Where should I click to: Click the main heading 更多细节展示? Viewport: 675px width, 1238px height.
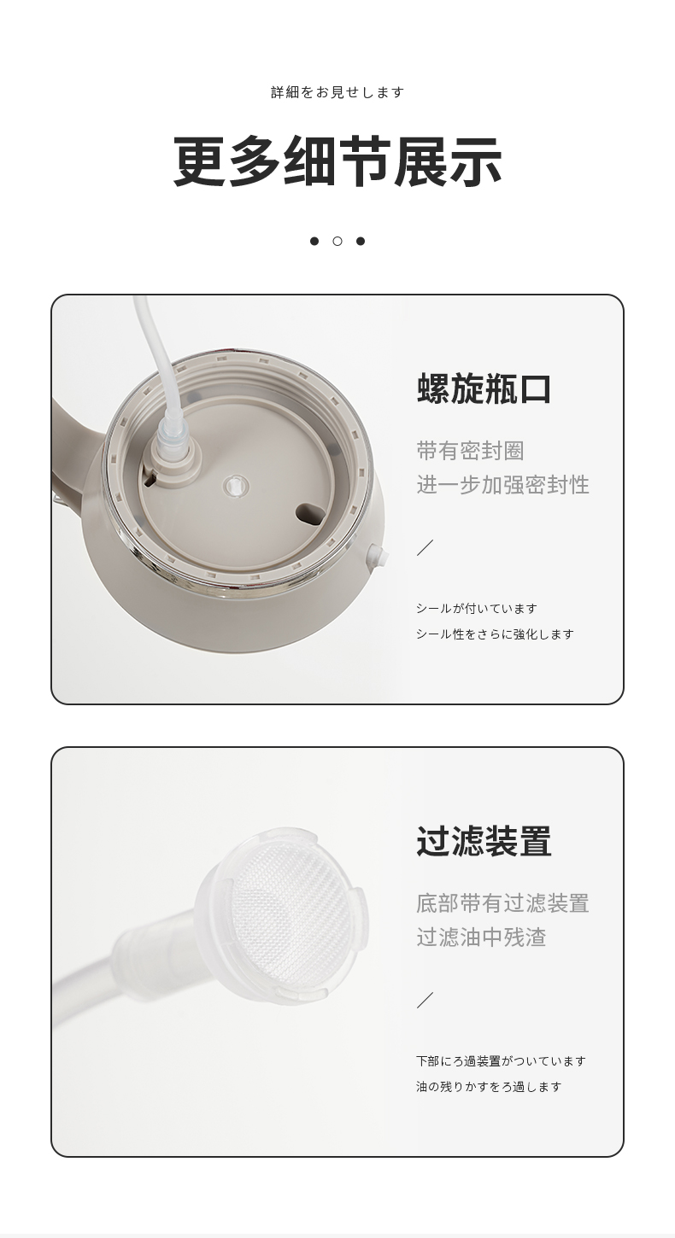point(337,161)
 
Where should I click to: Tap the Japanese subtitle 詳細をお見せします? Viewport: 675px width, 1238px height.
point(337,92)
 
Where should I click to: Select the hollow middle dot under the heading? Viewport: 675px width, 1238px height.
point(337,241)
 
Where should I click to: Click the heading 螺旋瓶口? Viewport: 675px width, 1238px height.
point(484,388)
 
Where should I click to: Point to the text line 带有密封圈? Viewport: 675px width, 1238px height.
point(470,451)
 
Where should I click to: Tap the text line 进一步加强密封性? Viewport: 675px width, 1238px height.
point(503,485)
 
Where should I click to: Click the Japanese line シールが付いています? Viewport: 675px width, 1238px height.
point(477,609)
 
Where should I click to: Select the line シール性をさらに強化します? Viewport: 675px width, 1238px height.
point(495,634)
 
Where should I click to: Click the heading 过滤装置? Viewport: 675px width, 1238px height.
point(484,841)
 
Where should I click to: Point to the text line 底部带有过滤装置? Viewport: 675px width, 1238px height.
point(503,903)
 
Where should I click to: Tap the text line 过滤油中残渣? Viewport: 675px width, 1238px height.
point(481,937)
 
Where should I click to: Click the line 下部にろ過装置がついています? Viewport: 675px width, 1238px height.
point(501,1061)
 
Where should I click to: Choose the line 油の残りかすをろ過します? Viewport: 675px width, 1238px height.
point(489,1087)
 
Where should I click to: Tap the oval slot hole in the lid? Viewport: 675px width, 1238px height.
point(311,511)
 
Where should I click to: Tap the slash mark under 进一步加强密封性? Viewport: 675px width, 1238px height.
point(425,547)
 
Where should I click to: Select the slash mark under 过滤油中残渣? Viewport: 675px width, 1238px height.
point(425,1001)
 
